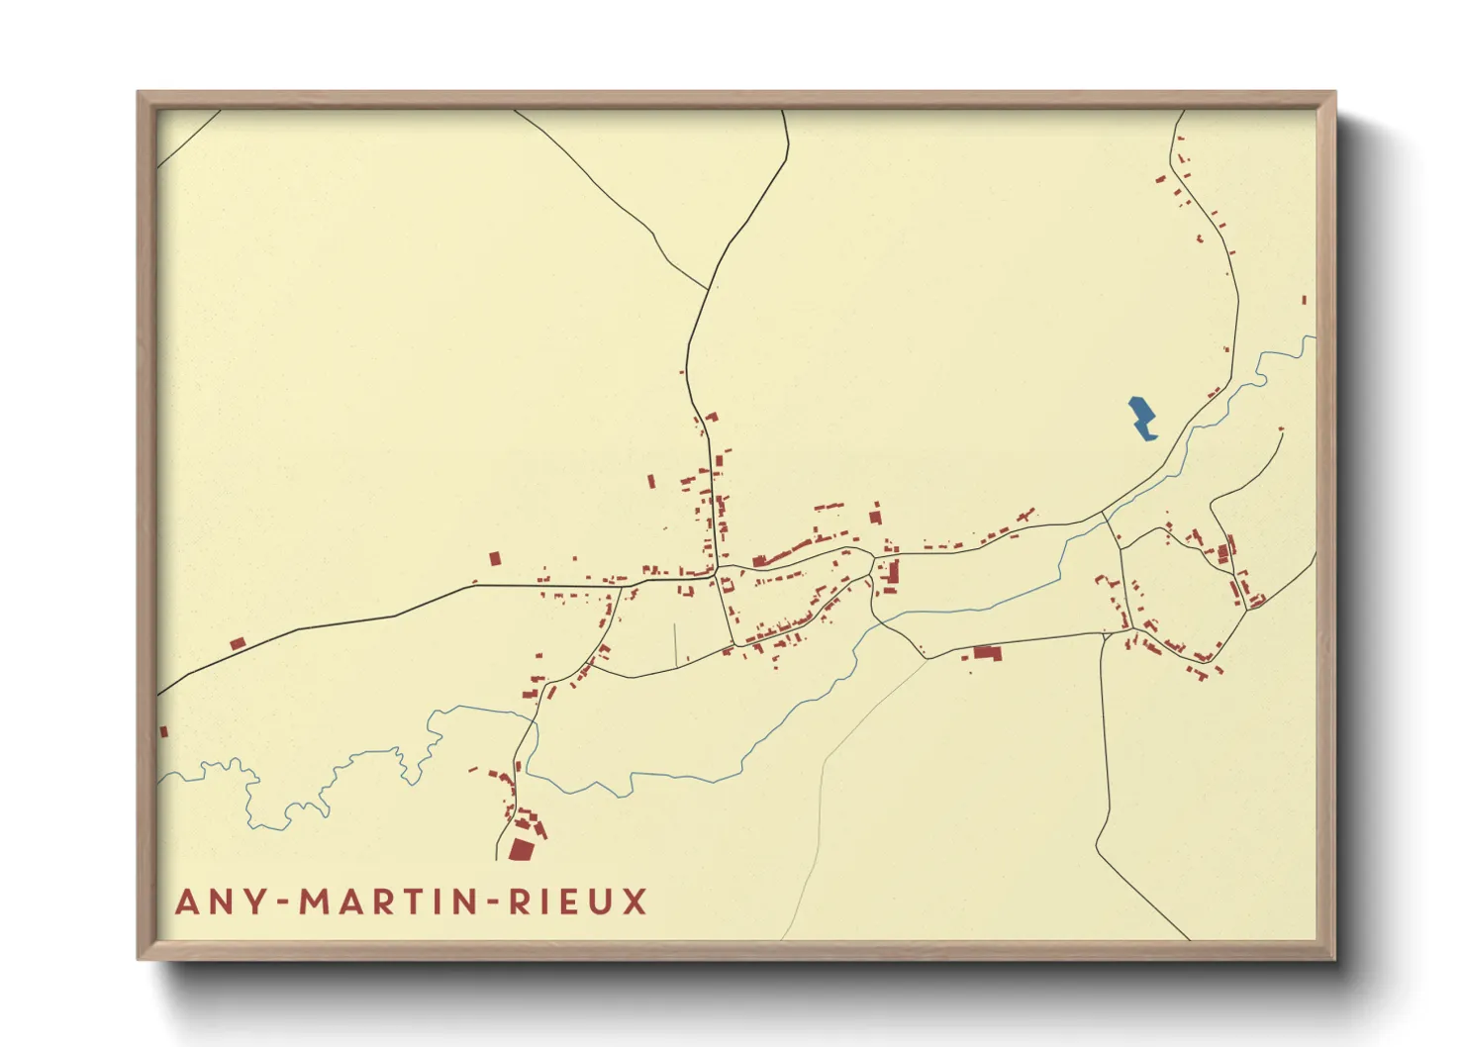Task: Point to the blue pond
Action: (1142, 418)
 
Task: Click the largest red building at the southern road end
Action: (521, 849)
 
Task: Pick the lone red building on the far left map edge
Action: (164, 732)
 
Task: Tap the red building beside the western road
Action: (238, 644)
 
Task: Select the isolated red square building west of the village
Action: (495, 559)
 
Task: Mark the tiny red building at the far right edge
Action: (1304, 300)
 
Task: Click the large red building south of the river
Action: (987, 652)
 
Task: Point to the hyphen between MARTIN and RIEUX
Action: (494, 903)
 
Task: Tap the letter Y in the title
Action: (255, 902)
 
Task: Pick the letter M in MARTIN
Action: (316, 902)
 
